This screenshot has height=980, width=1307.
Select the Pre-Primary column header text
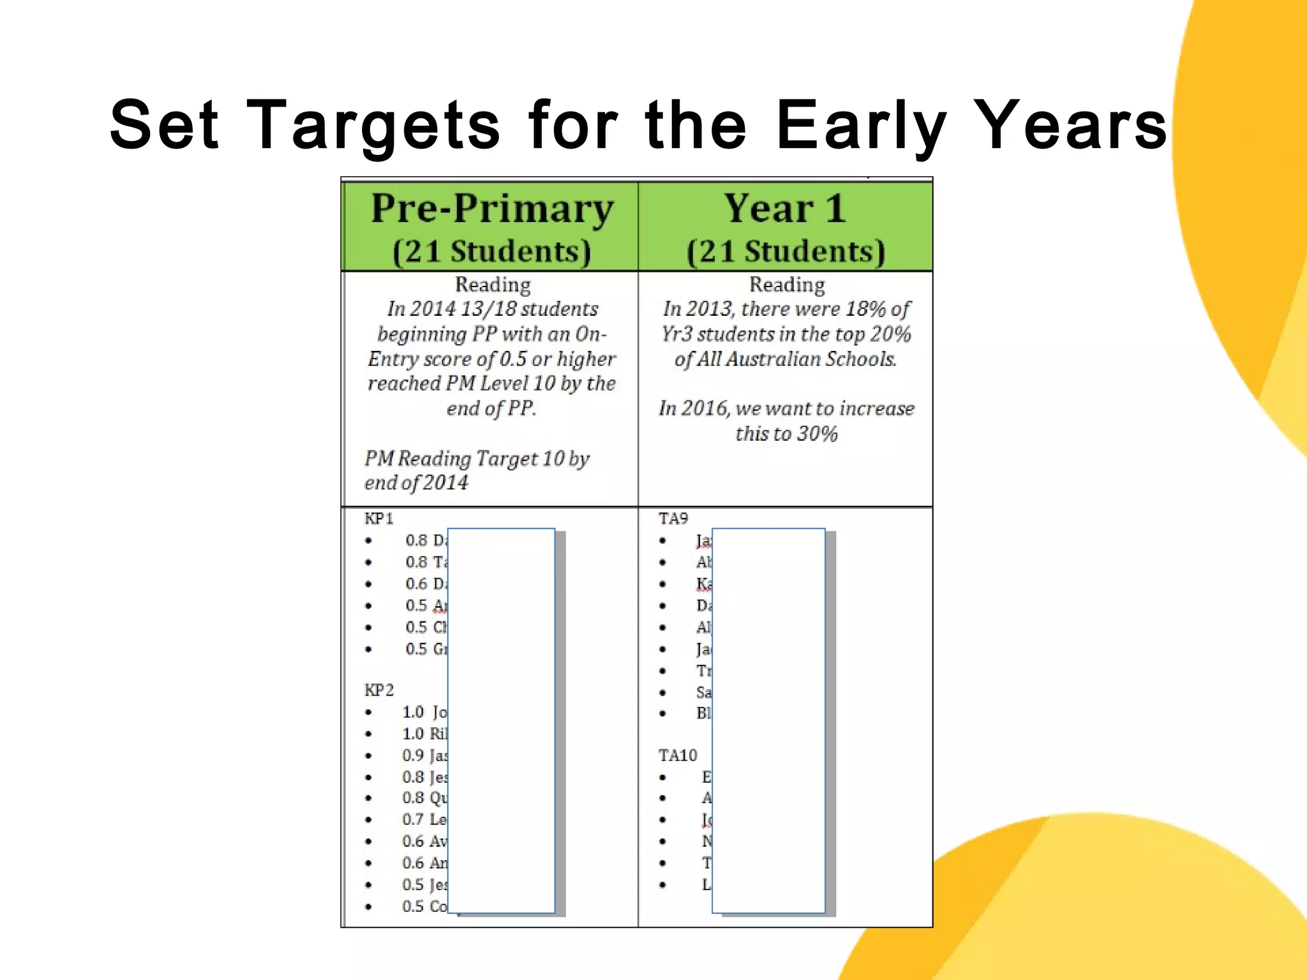click(492, 209)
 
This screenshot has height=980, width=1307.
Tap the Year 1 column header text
click(785, 209)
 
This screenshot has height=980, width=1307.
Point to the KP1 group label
click(379, 518)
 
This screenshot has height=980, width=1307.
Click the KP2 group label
click(379, 690)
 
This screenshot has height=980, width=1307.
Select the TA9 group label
click(673, 518)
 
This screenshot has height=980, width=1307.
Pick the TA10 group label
click(678, 755)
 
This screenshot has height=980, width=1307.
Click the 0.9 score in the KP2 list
click(413, 755)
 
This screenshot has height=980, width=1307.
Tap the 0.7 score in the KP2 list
click(413, 819)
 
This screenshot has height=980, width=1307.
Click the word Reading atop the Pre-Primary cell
click(492, 285)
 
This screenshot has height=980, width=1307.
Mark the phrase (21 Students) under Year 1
click(786, 251)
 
